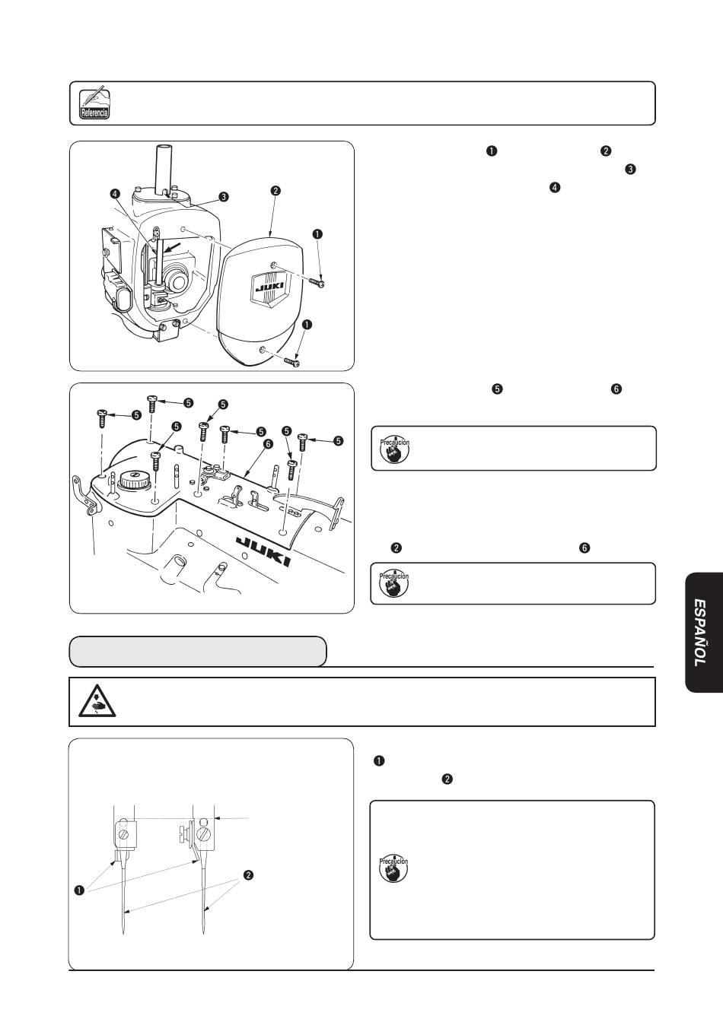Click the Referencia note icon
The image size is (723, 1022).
[x=94, y=103]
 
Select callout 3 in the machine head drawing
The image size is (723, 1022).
[x=223, y=196]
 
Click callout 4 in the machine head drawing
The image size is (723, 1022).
[x=114, y=194]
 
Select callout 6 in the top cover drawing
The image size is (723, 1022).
[x=267, y=443]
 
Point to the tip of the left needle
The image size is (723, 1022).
[x=123, y=935]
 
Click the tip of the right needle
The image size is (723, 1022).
[x=205, y=935]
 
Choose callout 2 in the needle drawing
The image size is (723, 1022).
[x=247, y=875]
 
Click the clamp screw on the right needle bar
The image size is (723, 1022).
[x=204, y=834]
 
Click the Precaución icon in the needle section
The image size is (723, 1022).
[x=393, y=869]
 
